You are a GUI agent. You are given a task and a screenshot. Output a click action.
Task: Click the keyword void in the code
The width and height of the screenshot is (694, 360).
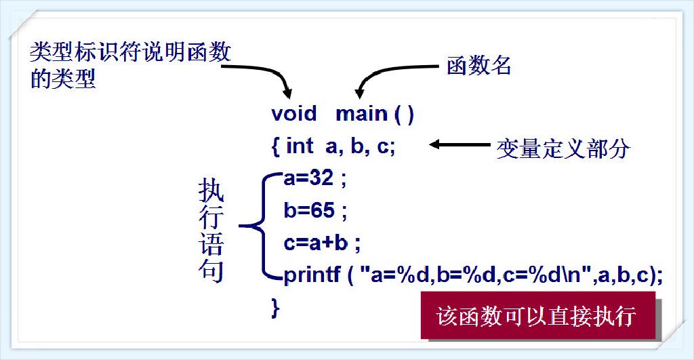coord(293,113)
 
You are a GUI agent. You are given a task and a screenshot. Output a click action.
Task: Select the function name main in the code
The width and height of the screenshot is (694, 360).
coord(361,113)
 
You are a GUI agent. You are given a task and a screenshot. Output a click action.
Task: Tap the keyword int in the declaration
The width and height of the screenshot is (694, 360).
coord(300,146)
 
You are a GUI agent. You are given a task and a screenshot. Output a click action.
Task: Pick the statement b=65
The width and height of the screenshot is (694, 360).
coord(309,211)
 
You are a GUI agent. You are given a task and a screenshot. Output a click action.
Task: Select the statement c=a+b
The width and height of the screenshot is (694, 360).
coord(316,242)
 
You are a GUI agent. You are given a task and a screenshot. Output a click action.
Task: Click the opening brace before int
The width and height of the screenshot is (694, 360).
coord(276,146)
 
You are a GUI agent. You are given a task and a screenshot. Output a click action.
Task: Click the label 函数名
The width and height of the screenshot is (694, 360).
coord(478,66)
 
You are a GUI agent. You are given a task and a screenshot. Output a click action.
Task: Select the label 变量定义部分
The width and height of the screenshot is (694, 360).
coord(563,148)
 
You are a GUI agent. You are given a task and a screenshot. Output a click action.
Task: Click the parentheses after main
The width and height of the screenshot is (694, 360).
coord(404,114)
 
